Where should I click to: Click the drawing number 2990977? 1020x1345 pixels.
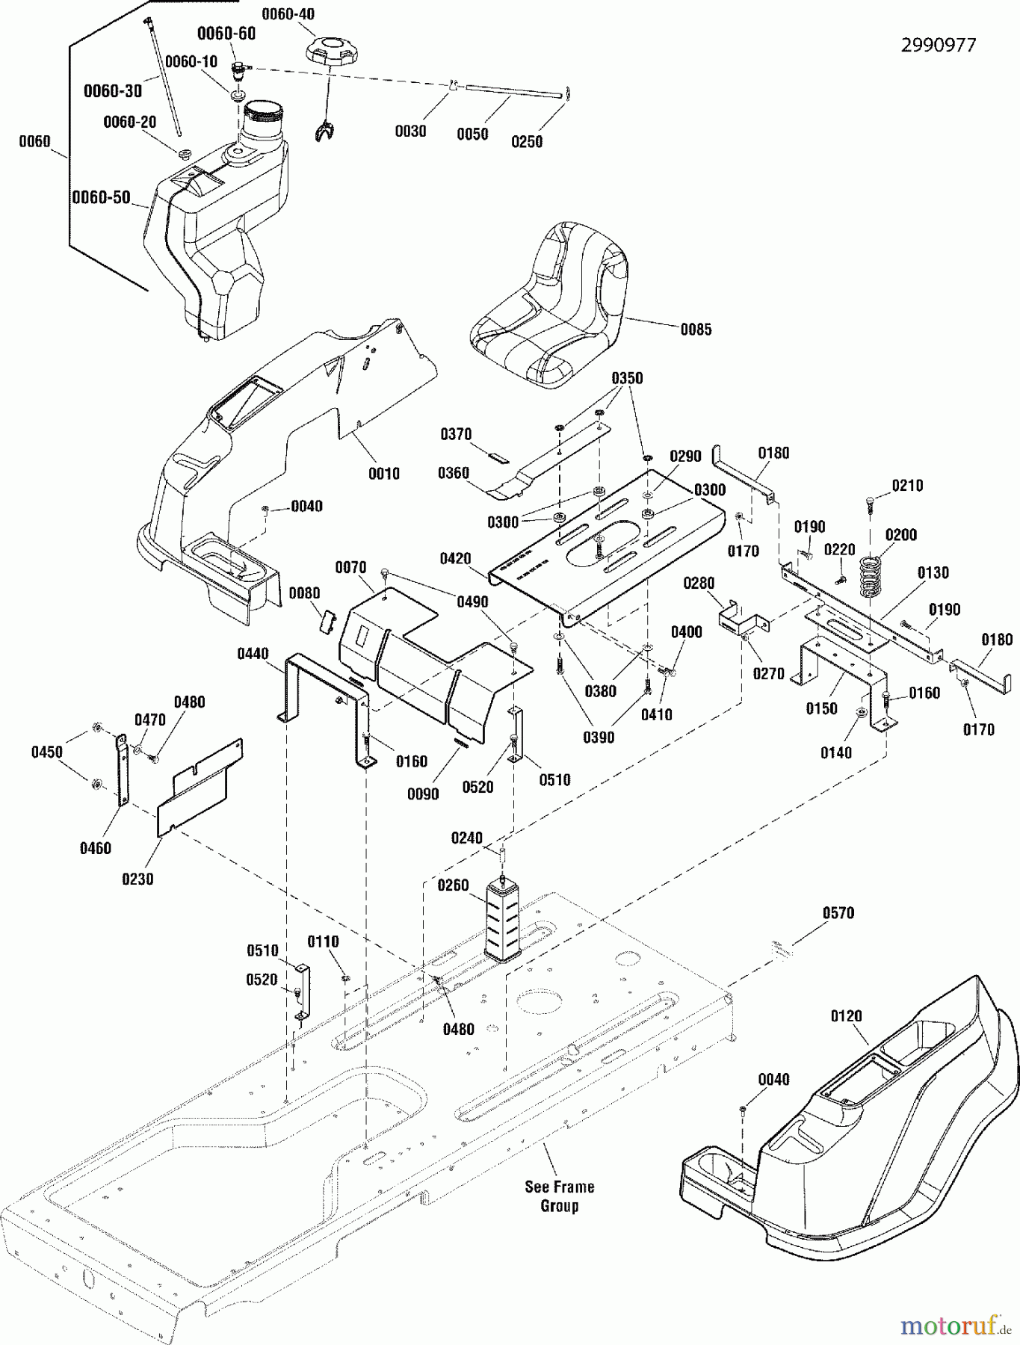click(938, 45)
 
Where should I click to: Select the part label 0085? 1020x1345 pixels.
click(696, 330)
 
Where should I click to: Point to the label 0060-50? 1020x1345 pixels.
click(101, 198)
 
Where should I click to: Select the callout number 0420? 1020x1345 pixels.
click(455, 559)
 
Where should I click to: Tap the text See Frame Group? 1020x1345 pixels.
click(559, 1196)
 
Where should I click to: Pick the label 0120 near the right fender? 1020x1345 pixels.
click(846, 1016)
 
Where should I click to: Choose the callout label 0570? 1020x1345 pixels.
click(838, 913)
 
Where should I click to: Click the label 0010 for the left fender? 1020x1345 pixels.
click(383, 474)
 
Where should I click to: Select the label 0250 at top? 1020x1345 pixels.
click(526, 142)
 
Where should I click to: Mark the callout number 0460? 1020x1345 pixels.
click(95, 848)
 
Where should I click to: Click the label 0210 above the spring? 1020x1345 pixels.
click(907, 486)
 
